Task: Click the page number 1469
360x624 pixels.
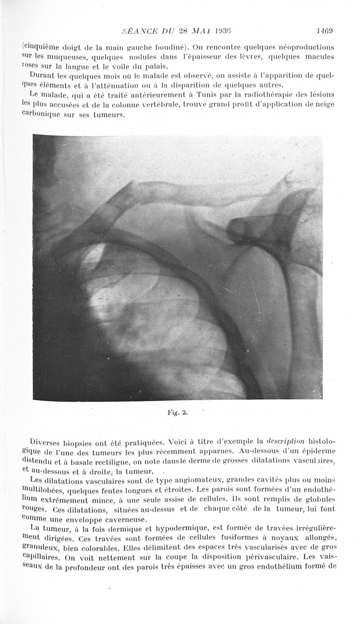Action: point(324,31)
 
